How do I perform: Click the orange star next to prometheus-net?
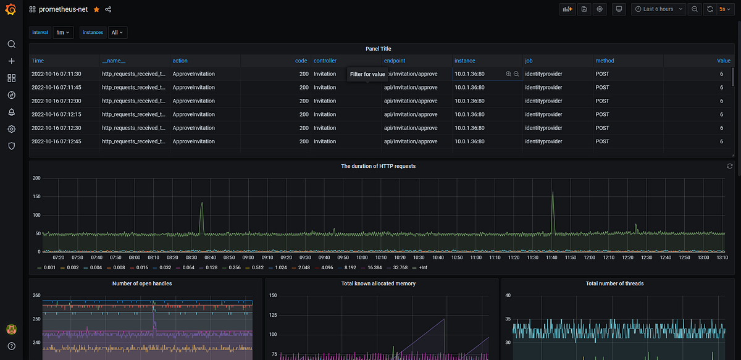click(x=96, y=9)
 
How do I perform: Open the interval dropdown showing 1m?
click(x=63, y=33)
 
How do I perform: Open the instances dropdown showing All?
click(x=117, y=33)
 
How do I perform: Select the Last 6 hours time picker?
click(x=658, y=9)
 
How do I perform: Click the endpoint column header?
click(x=395, y=61)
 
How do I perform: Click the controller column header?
click(x=325, y=61)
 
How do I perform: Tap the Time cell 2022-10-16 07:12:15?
click(x=56, y=114)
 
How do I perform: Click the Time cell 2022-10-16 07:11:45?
click(x=56, y=87)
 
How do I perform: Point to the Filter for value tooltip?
click(x=367, y=74)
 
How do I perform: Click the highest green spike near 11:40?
click(x=553, y=192)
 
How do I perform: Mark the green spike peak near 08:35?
click(x=202, y=203)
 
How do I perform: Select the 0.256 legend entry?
click(x=231, y=267)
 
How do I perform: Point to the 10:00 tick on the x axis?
click(x=362, y=257)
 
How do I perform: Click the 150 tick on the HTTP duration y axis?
click(x=36, y=196)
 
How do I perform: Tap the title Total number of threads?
click(x=614, y=283)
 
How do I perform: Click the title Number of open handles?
click(x=142, y=283)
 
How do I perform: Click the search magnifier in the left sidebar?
click(x=12, y=44)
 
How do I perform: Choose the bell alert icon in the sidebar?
click(x=12, y=112)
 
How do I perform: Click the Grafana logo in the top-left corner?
click(x=10, y=9)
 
